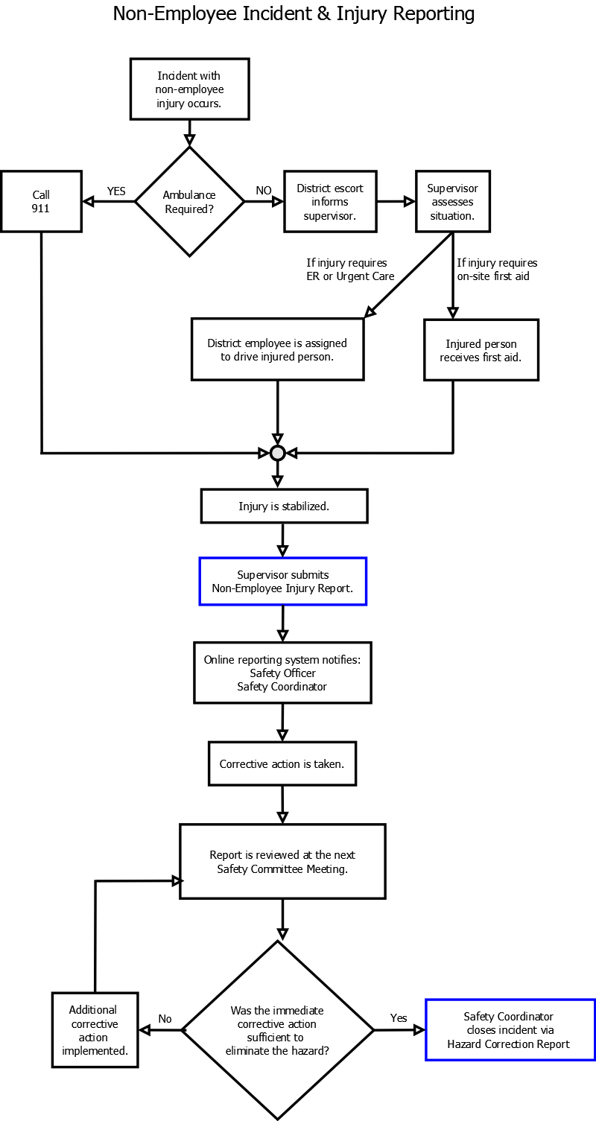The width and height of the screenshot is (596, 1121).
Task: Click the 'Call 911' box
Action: coord(41,201)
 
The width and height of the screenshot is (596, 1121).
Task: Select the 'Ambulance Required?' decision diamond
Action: coord(190,202)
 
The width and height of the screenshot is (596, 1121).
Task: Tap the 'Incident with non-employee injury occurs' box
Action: coord(190,89)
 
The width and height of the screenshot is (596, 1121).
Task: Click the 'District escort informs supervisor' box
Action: coord(330,201)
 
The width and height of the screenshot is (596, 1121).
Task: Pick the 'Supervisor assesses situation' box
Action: coord(453,201)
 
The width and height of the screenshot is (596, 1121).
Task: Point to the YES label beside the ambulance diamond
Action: coord(116,191)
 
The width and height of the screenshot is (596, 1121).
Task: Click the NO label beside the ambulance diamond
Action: coord(264,191)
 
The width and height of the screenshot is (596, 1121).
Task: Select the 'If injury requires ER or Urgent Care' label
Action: coord(350,269)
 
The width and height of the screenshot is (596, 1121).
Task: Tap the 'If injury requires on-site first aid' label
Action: coord(497,269)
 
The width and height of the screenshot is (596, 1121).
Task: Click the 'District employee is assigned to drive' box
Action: coord(278,349)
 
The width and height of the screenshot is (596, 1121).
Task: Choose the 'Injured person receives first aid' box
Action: coord(481,350)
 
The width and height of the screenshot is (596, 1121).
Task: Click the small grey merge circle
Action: coord(278,454)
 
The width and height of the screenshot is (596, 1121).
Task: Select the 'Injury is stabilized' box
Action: coord(285,506)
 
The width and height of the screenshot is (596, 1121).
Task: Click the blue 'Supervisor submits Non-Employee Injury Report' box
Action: coord(283,582)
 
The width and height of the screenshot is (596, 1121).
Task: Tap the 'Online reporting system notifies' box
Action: coord(283,673)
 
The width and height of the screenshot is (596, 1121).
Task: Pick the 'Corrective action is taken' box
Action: coord(282,763)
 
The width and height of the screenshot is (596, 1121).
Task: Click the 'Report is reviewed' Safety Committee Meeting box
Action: coord(283,861)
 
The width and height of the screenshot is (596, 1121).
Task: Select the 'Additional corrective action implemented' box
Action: coord(95,1030)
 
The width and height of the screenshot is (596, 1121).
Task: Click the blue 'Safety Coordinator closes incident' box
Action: coord(510,1030)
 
